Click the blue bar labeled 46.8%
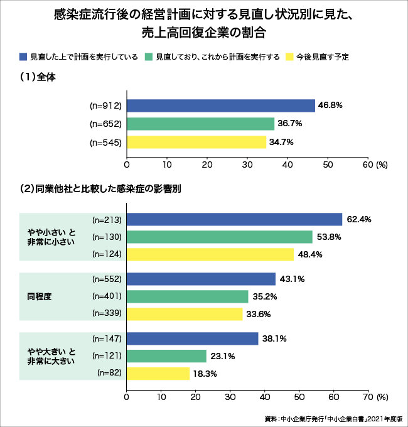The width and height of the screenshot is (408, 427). [x=221, y=105]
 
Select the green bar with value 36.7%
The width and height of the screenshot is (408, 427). [x=201, y=124]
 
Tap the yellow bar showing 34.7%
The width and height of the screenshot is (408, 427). [x=196, y=142]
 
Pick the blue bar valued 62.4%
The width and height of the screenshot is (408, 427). [x=234, y=219]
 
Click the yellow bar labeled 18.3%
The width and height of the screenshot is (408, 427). [x=158, y=374]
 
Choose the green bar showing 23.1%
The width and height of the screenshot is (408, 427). [x=166, y=356]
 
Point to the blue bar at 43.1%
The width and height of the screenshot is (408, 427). [x=201, y=279]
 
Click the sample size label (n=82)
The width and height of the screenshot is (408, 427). [x=109, y=374]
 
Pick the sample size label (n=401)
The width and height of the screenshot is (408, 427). [x=107, y=296]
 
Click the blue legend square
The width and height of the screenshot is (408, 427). [x=23, y=57]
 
